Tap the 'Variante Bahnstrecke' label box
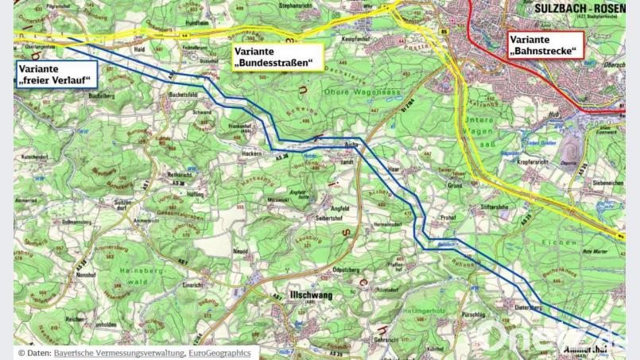point(545,45)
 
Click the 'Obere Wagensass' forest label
point(361,91)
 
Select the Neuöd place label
point(242,250)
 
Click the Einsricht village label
point(195,284)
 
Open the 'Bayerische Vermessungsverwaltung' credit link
point(118,352)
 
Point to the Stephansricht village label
point(293,6)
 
